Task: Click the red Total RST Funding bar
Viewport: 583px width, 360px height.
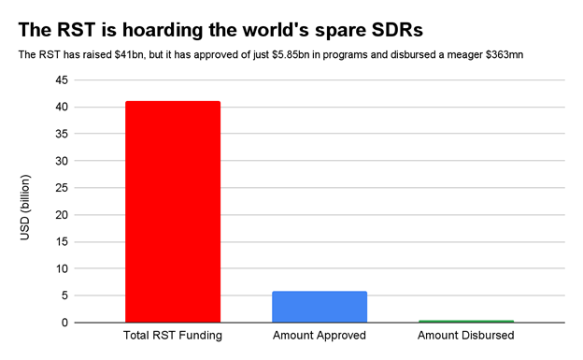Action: point(173,211)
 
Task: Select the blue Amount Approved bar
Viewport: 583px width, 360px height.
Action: point(320,307)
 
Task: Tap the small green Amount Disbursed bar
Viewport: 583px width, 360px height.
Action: point(466,321)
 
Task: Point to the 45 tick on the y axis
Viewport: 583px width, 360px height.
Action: point(62,80)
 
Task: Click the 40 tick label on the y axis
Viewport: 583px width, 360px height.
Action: point(62,108)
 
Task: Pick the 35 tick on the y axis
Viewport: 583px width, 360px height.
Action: point(62,135)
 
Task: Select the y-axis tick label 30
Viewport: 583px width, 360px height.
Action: point(62,161)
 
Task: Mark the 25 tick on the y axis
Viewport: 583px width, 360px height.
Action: point(62,188)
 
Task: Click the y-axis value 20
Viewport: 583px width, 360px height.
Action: point(62,215)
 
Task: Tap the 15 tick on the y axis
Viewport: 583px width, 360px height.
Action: point(62,242)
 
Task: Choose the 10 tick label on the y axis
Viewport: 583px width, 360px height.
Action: point(62,269)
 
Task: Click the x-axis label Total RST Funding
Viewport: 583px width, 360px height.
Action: point(173,336)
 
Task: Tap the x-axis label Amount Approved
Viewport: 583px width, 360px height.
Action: point(320,336)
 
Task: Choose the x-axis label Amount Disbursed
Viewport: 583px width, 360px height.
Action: point(466,336)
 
